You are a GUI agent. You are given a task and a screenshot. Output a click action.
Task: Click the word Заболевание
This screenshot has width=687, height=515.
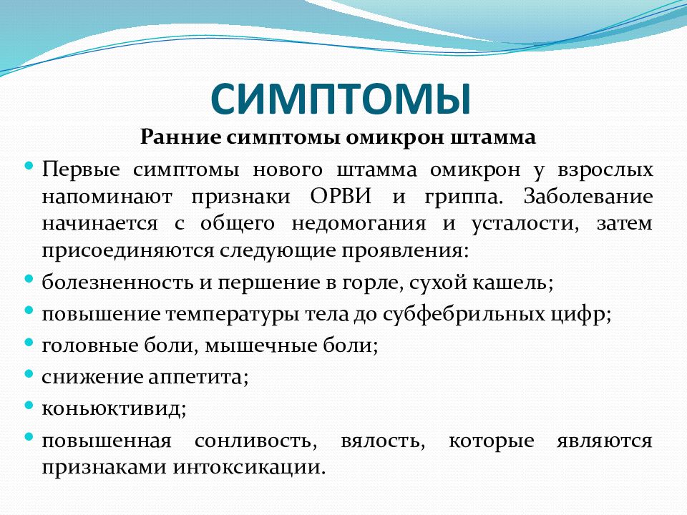tap(588, 197)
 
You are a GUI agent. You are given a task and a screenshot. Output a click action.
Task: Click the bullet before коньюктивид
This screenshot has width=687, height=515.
tap(29, 404)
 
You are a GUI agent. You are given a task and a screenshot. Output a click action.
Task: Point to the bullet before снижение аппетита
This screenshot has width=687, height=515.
tap(29, 373)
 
